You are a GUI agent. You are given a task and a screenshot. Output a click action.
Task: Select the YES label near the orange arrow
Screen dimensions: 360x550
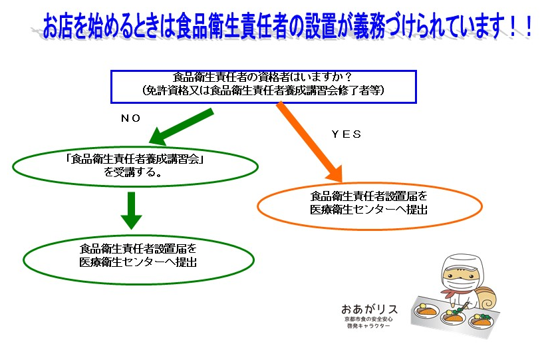point(346,134)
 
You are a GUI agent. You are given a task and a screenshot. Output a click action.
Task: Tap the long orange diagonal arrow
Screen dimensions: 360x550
point(309,141)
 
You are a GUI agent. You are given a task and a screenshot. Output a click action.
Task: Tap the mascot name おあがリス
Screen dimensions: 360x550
point(369,309)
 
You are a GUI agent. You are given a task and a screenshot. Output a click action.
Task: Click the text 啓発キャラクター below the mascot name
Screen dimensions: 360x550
point(369,329)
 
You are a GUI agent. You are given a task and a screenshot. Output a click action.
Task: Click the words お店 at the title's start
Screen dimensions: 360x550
point(55,29)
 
